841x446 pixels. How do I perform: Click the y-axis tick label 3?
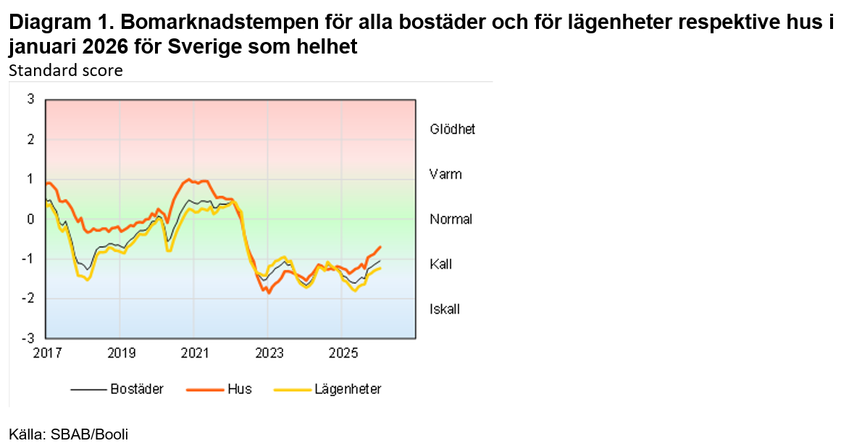point(30,99)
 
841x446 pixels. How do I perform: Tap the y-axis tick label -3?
point(28,338)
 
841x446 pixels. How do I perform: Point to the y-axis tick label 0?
point(30,219)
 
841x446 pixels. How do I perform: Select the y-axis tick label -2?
point(28,298)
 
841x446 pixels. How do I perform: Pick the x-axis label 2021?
point(194,353)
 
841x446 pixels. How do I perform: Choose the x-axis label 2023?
point(269,353)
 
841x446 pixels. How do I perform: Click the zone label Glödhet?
point(452,130)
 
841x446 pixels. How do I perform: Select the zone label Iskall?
point(445,309)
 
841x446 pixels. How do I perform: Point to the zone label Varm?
point(445,174)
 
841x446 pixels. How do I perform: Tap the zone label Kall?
point(440,264)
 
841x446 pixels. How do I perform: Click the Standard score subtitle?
point(66,70)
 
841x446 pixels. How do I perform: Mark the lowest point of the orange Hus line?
point(269,293)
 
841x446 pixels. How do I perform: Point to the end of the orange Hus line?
point(381,247)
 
